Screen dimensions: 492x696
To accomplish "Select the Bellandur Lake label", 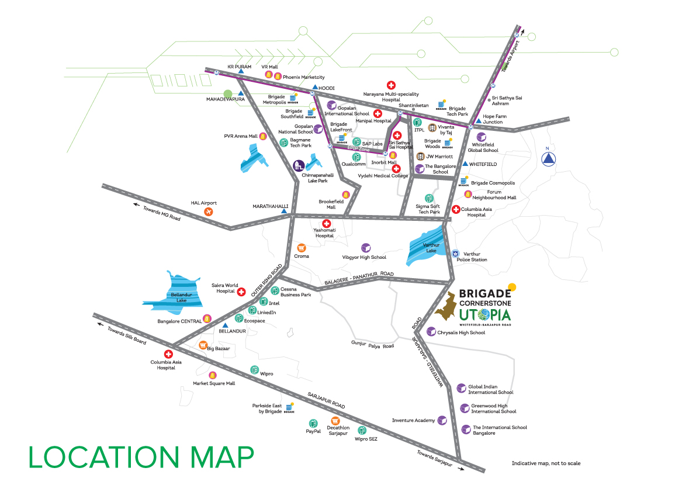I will pyautogui.click(x=178, y=296).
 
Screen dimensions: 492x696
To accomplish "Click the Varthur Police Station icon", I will pyautogui.click(x=456, y=254).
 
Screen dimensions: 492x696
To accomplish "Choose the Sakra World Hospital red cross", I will pyautogui.click(x=241, y=291).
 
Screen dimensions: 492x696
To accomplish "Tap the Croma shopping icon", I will pyautogui.click(x=302, y=248).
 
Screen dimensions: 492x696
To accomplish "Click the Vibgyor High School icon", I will pyautogui.click(x=366, y=248).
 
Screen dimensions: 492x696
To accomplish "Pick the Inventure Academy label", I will pyautogui.click(x=413, y=421).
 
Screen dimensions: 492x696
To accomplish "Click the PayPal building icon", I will pyautogui.click(x=313, y=423).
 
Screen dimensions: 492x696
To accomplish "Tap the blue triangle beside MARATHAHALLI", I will pyautogui.click(x=285, y=211).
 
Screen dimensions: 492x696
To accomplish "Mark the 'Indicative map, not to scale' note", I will pyautogui.click(x=546, y=463).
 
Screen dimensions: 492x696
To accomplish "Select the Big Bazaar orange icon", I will pyautogui.click(x=203, y=345).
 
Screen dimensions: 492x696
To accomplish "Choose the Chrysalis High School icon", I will pyautogui.click(x=431, y=332).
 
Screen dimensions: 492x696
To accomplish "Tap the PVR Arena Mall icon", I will pyautogui.click(x=263, y=137).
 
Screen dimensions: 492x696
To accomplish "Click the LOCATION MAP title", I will pyautogui.click(x=141, y=456).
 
